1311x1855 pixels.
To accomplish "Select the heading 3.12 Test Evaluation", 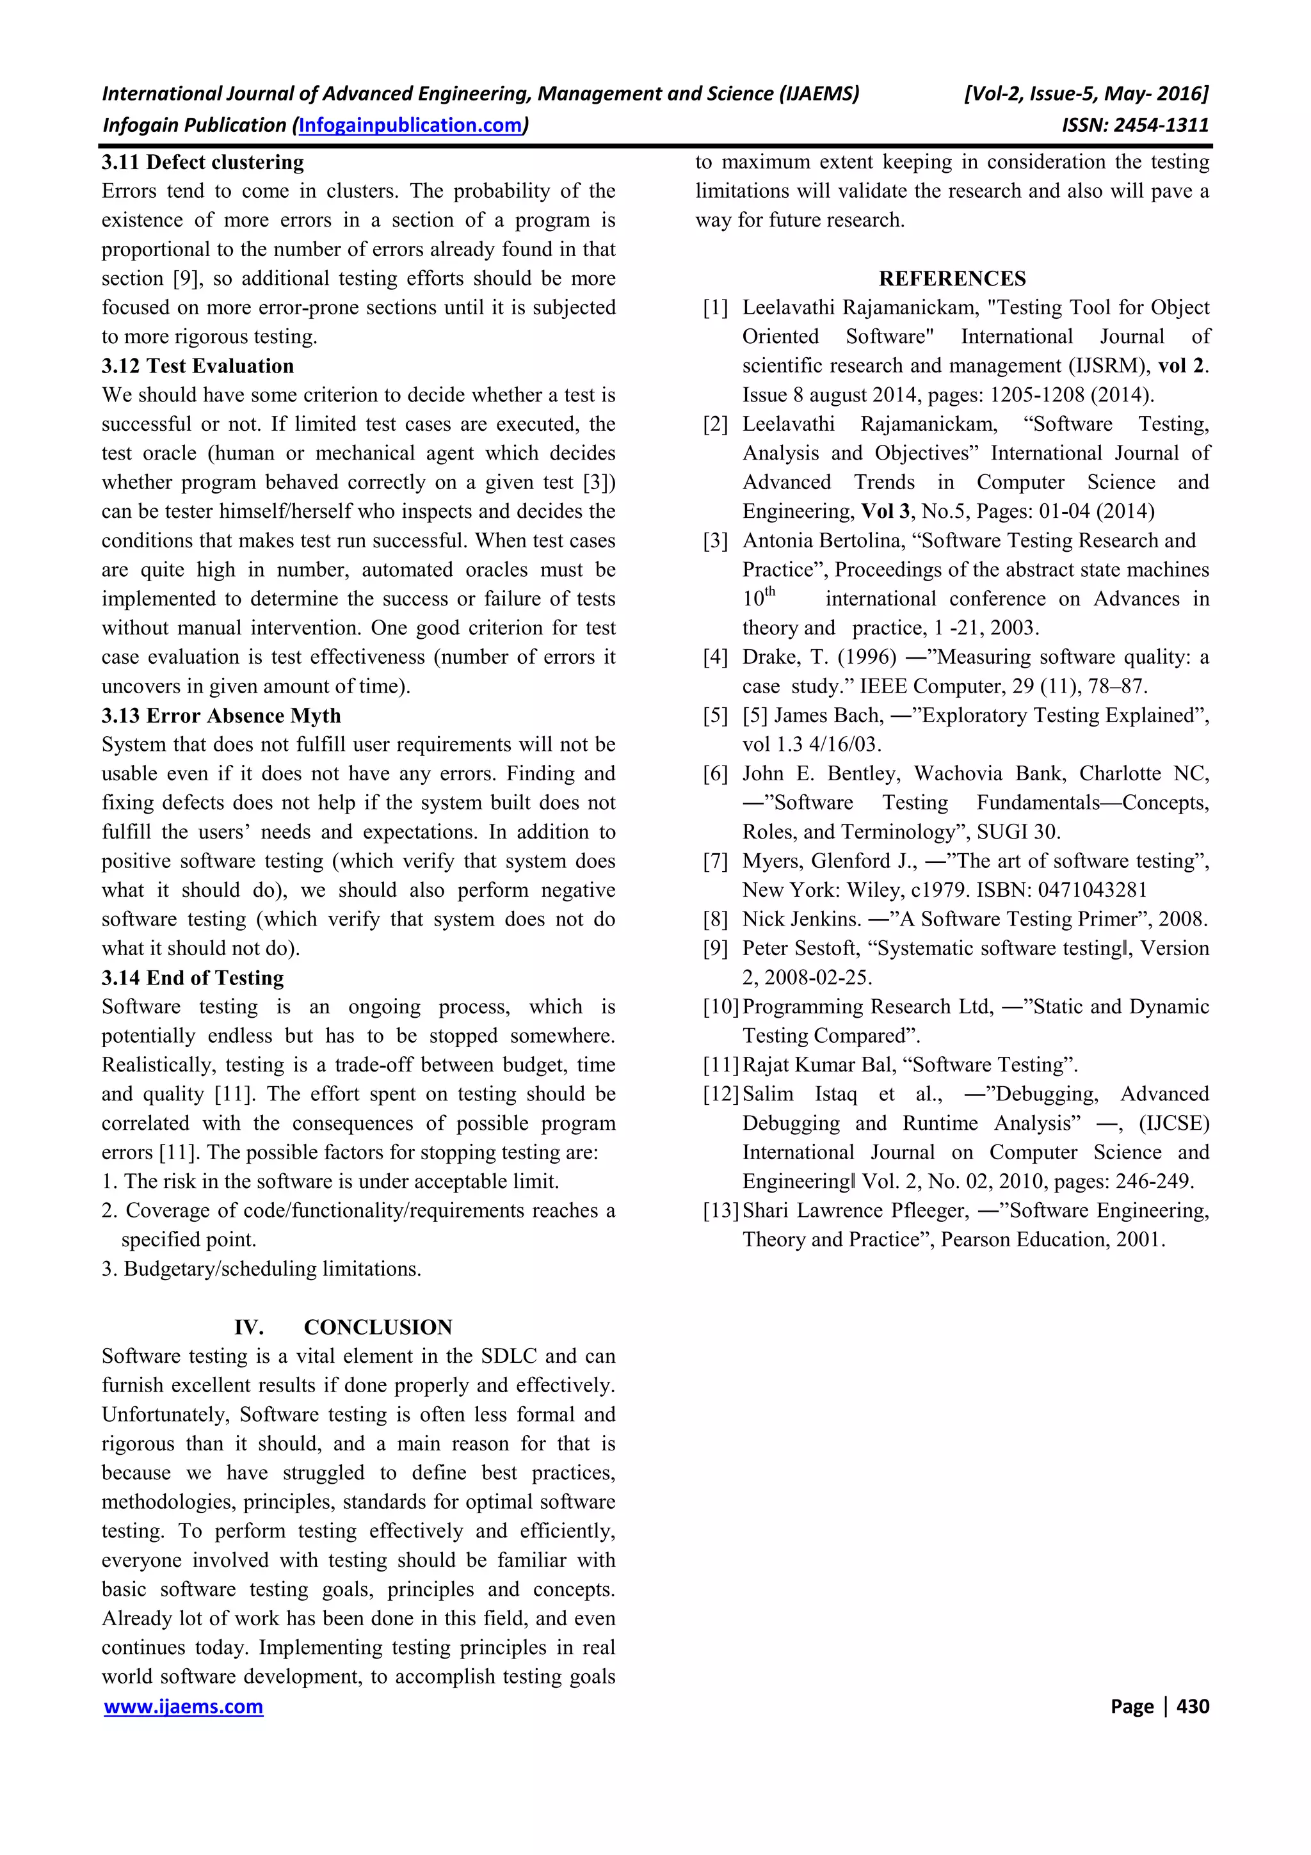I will click(x=197, y=366).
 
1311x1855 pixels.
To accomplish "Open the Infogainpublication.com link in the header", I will click(x=410, y=125).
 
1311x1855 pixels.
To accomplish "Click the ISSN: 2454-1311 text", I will click(x=1135, y=125).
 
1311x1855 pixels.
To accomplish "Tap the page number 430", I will click(x=1193, y=1706).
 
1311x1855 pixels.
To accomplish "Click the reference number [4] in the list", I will click(x=715, y=657).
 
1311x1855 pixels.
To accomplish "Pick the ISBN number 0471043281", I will click(x=1092, y=890).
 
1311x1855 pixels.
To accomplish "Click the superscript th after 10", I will click(x=770, y=591).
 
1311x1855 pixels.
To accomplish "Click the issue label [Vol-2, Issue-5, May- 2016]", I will click(x=1086, y=93).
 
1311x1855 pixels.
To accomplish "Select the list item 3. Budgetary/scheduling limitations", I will click(x=261, y=1269).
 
